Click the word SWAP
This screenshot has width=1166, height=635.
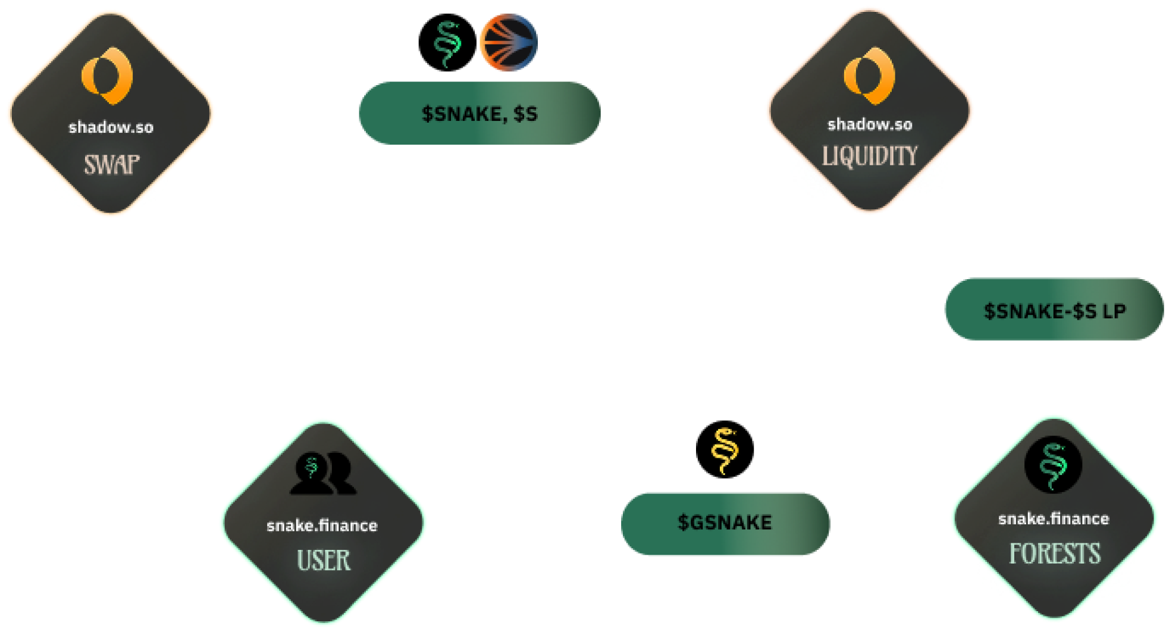coord(112,165)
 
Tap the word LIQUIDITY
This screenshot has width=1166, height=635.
coord(870,157)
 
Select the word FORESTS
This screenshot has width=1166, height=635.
coord(1055,554)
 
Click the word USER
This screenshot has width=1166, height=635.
coord(324,561)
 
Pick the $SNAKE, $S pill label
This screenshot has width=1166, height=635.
coord(479,114)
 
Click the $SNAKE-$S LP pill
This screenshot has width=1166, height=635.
coord(1054,311)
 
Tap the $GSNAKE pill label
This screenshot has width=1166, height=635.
coord(725,523)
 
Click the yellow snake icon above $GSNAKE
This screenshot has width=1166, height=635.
coord(725,451)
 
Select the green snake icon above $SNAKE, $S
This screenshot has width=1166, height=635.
coord(447,44)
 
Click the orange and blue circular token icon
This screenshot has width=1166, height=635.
coord(509,43)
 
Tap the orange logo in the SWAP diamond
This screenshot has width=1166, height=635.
coord(108,76)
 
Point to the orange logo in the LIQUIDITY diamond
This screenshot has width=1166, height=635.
coord(869,76)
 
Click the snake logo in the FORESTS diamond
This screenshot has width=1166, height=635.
coord(1053,465)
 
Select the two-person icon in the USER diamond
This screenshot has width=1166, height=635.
coord(323,474)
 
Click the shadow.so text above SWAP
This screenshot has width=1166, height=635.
coord(111,127)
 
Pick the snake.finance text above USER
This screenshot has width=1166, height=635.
coord(322,526)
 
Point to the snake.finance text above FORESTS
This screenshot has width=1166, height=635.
coord(1054,519)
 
